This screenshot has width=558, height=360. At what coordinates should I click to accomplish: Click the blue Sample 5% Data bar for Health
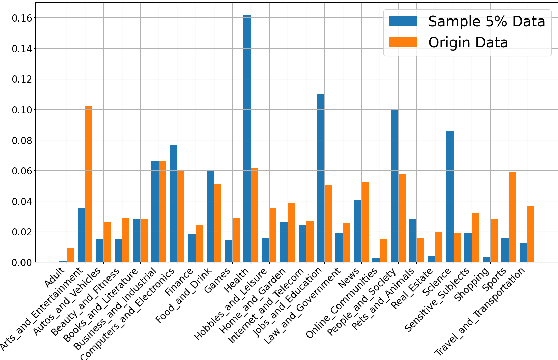click(247, 139)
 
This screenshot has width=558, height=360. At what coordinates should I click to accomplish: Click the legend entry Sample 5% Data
click(470, 23)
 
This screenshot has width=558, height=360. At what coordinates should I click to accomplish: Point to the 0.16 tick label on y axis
click(18, 18)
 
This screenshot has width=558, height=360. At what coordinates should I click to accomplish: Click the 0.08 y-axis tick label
click(18, 140)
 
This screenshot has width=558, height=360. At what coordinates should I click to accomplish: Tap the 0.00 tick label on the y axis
click(18, 262)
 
